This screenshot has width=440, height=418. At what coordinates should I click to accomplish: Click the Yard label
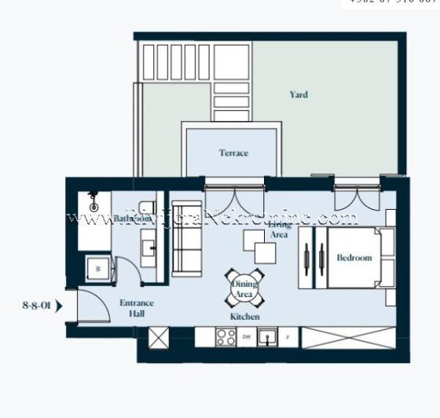tap(299, 95)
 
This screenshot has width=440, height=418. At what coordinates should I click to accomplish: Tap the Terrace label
tap(233, 153)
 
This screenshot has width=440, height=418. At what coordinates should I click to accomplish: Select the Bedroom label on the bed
tap(353, 258)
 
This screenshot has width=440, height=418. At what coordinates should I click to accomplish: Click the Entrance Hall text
tap(137, 308)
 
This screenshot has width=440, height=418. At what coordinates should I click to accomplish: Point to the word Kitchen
tap(245, 317)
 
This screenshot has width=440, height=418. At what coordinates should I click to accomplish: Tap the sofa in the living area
tap(187, 239)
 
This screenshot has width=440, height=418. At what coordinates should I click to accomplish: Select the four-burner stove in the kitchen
tap(225, 338)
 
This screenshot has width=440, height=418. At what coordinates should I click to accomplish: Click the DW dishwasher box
tap(247, 338)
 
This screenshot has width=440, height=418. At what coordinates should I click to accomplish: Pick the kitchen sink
tap(269, 338)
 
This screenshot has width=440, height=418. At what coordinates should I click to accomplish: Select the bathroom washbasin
tap(149, 249)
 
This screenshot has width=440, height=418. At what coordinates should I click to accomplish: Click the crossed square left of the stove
tap(159, 338)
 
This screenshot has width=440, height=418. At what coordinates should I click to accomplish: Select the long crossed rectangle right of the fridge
tap(349, 338)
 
